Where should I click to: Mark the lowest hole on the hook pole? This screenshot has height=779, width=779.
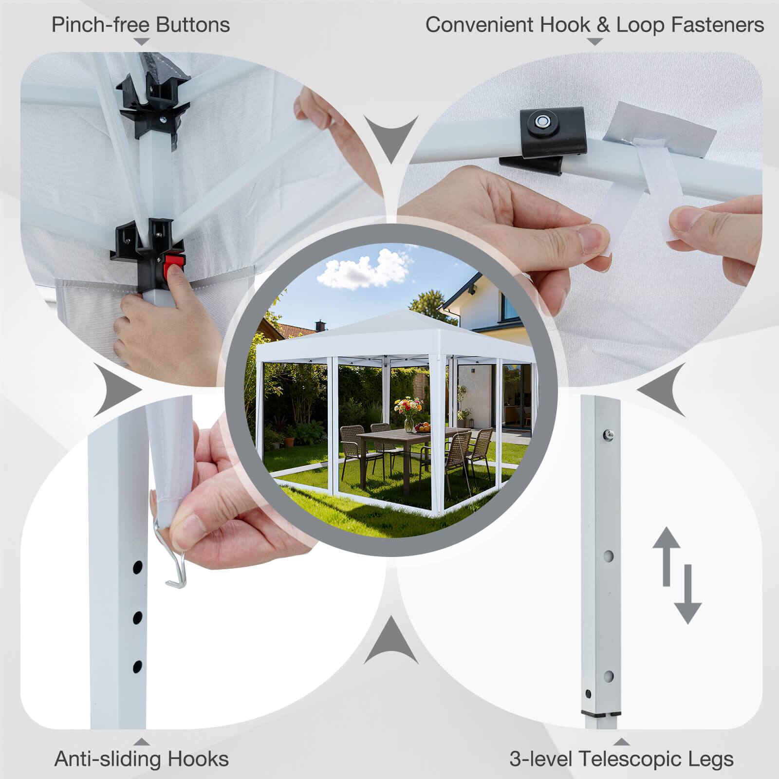click(x=137, y=666)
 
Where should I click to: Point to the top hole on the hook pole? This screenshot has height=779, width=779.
click(x=137, y=567)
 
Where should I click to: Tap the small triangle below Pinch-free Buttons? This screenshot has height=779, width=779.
click(x=141, y=42)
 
